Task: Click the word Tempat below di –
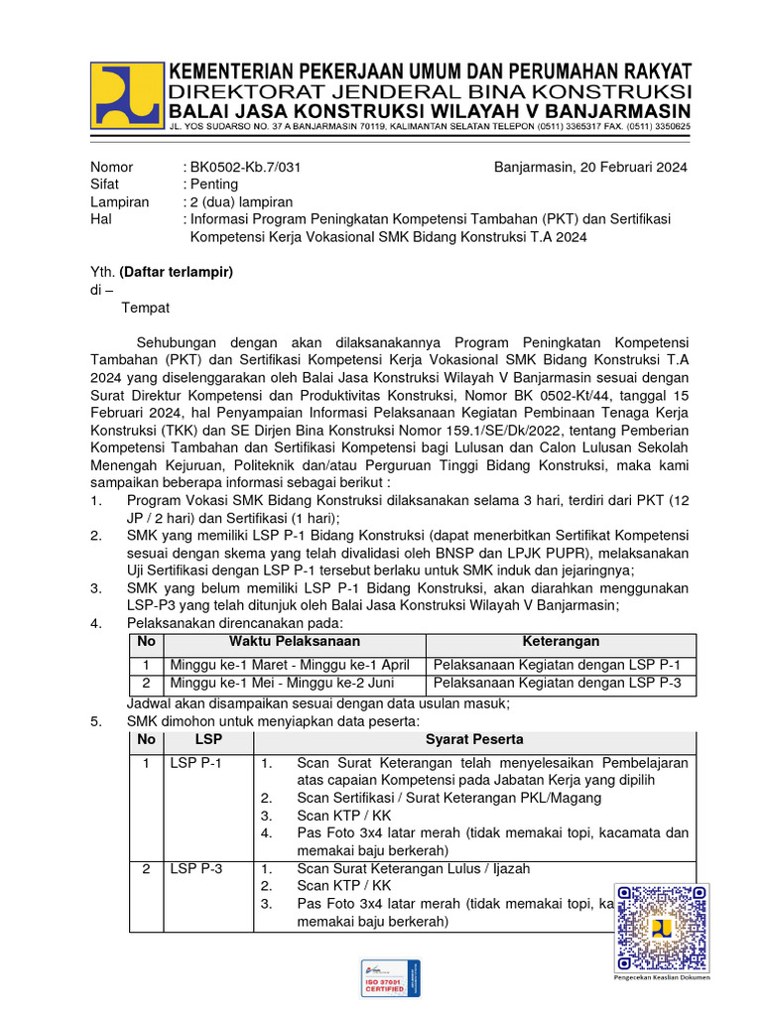click(x=146, y=308)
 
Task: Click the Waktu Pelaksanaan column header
click(x=295, y=642)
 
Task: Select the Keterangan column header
click(x=561, y=642)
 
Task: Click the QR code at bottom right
click(x=661, y=927)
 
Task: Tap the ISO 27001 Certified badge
click(x=390, y=977)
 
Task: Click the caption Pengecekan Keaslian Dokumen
click(x=661, y=977)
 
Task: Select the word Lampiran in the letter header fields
click(x=119, y=202)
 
